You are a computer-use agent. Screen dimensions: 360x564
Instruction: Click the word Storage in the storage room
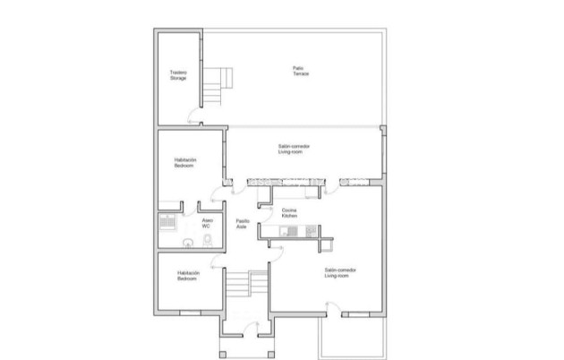coord(179,79)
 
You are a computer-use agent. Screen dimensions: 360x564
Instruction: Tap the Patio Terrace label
coord(300,70)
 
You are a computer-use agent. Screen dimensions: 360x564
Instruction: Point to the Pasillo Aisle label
coord(242,224)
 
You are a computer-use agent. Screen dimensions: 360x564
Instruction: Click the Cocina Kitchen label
coord(289,213)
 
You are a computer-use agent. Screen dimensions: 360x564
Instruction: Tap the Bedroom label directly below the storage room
coord(185,163)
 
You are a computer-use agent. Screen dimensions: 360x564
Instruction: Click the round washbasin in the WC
coord(187,242)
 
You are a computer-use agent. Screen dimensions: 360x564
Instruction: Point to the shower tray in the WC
coord(167,224)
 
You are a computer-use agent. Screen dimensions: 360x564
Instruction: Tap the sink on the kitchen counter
coord(287,231)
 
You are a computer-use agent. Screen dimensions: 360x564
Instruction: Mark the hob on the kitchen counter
coord(310,231)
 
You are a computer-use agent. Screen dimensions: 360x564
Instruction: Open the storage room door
coord(192,115)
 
